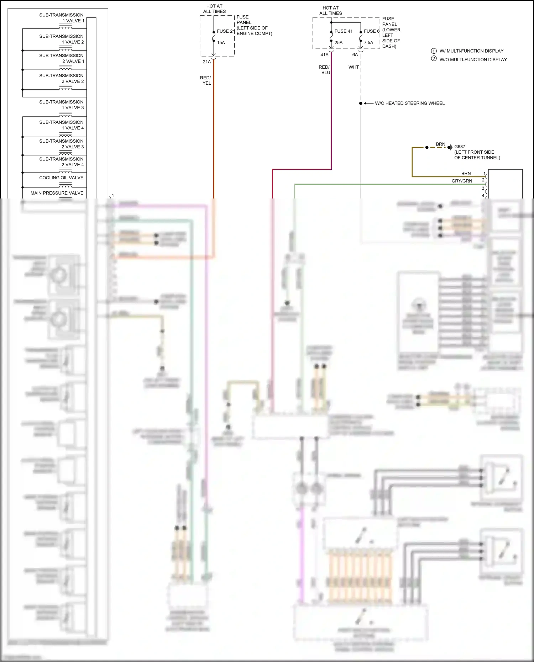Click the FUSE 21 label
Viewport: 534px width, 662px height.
[x=226, y=31]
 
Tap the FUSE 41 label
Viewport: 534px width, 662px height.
[x=343, y=31]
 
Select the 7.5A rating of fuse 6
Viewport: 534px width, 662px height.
[x=368, y=43]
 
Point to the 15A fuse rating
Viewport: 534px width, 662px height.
[x=221, y=43]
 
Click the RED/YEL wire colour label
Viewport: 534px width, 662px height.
[x=205, y=80]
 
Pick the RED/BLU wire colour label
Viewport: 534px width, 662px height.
[x=324, y=70]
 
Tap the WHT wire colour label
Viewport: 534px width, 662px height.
[x=354, y=67]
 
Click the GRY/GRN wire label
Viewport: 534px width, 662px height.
[x=462, y=181]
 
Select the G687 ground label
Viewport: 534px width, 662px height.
[x=460, y=147]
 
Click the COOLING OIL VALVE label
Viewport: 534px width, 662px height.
[x=61, y=178]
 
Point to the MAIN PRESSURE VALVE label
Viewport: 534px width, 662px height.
[x=57, y=193]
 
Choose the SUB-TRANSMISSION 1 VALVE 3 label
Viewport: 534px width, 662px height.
[x=62, y=105]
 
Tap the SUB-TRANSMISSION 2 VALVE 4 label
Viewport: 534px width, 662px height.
[x=62, y=162]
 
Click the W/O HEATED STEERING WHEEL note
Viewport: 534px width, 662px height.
[x=410, y=104]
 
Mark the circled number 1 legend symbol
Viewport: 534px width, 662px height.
[x=434, y=51]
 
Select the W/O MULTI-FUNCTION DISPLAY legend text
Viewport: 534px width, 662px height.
[x=473, y=60]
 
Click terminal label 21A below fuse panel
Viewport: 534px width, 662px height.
[x=207, y=62]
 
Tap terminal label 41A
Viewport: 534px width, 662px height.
[x=324, y=55]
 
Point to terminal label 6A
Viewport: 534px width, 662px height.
[x=355, y=55]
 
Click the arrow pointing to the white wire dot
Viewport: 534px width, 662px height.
[x=368, y=104]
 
